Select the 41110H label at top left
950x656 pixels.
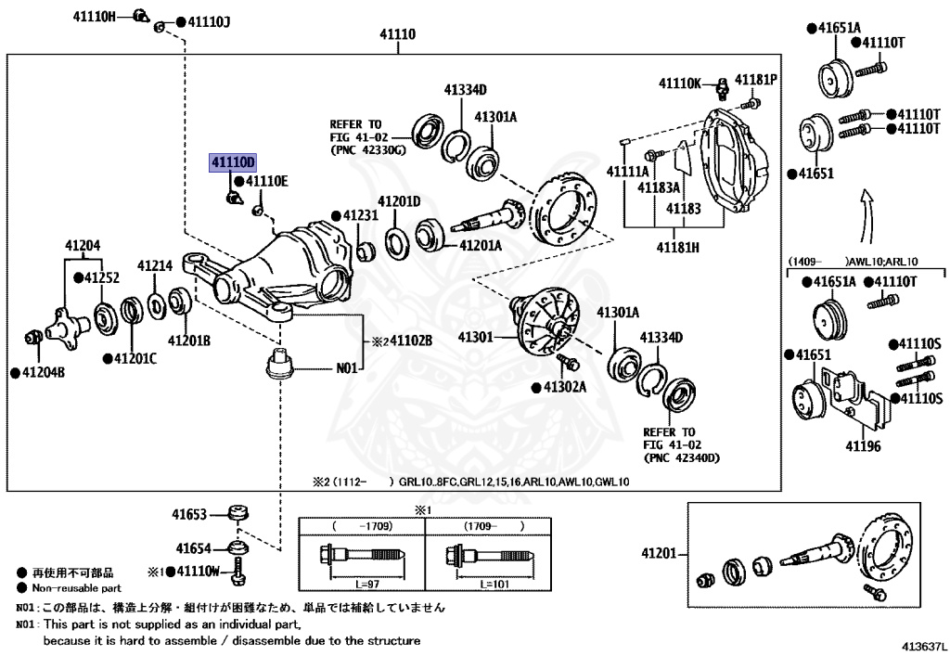click(x=96, y=16)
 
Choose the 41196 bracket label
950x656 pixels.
click(x=865, y=445)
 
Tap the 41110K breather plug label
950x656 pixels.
click(x=680, y=83)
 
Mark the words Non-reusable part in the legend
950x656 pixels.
click(x=76, y=588)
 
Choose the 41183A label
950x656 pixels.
click(x=658, y=187)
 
